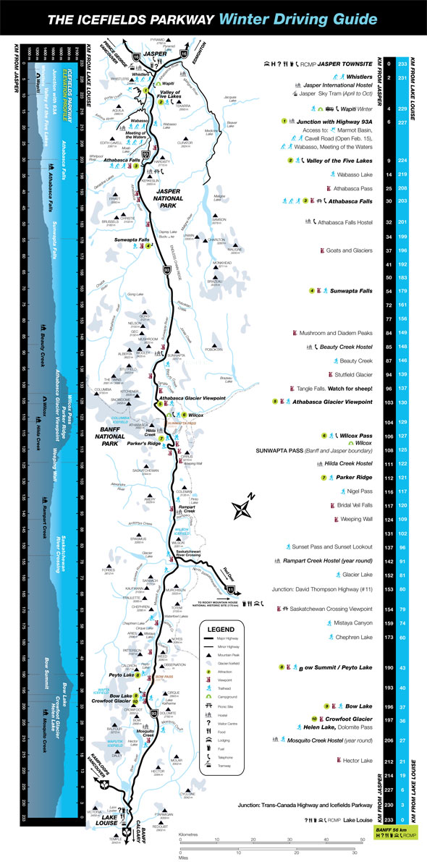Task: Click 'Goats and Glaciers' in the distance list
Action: [x=349, y=250]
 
